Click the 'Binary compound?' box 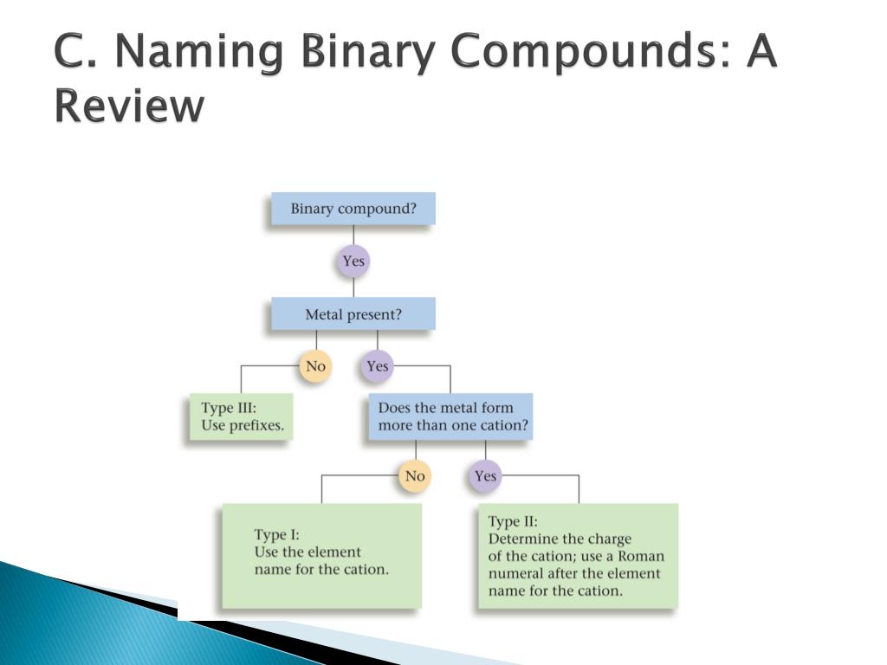(353, 209)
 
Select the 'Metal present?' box (353, 314)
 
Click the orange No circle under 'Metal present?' (315, 366)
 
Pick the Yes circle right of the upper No (377, 366)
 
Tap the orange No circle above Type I (415, 475)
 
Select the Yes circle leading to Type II (485, 475)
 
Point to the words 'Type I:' (277, 534)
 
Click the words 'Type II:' (513, 521)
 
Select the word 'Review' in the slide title (129, 107)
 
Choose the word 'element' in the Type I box (333, 552)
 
